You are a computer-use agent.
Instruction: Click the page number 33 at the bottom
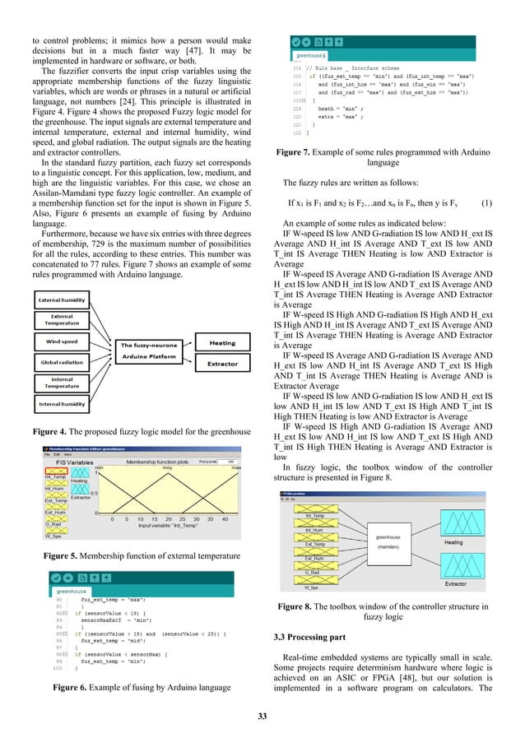(x=262, y=717)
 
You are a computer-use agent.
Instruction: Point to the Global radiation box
(x=68, y=360)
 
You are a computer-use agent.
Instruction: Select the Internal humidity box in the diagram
(x=68, y=405)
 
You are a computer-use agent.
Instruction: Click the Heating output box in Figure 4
(x=221, y=343)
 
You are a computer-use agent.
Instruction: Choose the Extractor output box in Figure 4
(x=221, y=363)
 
